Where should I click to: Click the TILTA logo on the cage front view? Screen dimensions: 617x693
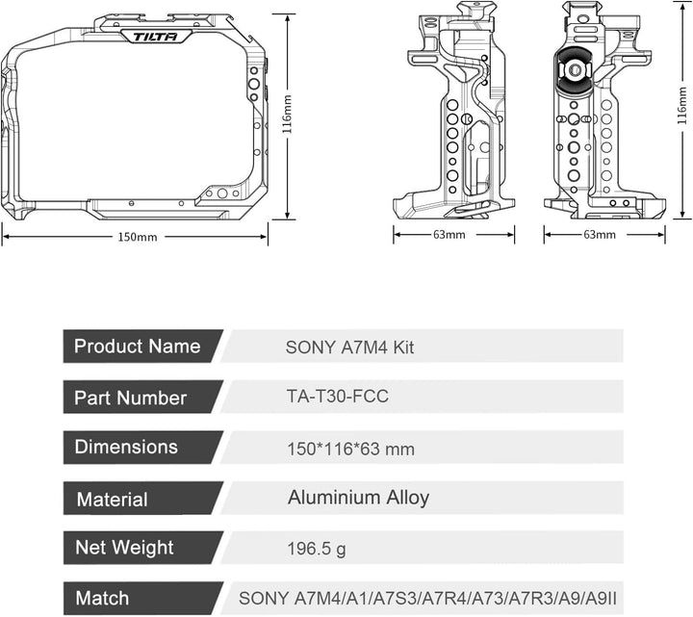[149, 37]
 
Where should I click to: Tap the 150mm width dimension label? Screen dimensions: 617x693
[138, 237]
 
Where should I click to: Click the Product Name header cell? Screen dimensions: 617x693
[138, 347]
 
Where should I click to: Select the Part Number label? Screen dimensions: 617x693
[131, 397]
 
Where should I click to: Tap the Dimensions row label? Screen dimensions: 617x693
[126, 447]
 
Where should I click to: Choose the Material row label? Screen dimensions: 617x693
[113, 500]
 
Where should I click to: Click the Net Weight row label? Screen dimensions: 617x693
[125, 549]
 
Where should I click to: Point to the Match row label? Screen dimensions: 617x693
[103, 599]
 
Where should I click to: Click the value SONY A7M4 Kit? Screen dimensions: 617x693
[349, 347]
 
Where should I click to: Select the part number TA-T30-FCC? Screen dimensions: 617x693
[338, 396]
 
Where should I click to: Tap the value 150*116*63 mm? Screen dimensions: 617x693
[350, 448]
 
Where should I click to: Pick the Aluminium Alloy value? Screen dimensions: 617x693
[358, 498]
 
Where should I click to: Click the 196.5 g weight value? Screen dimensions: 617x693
[317, 549]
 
